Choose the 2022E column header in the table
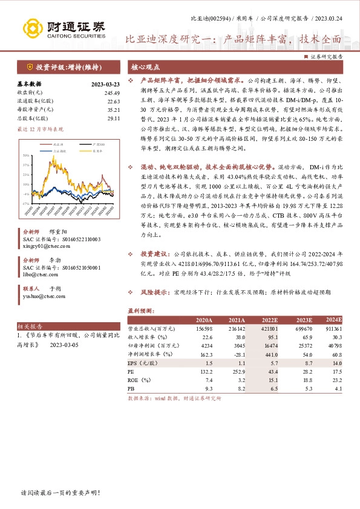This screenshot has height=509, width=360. click(x=269, y=320)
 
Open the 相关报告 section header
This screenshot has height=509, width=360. click(x=29, y=325)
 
